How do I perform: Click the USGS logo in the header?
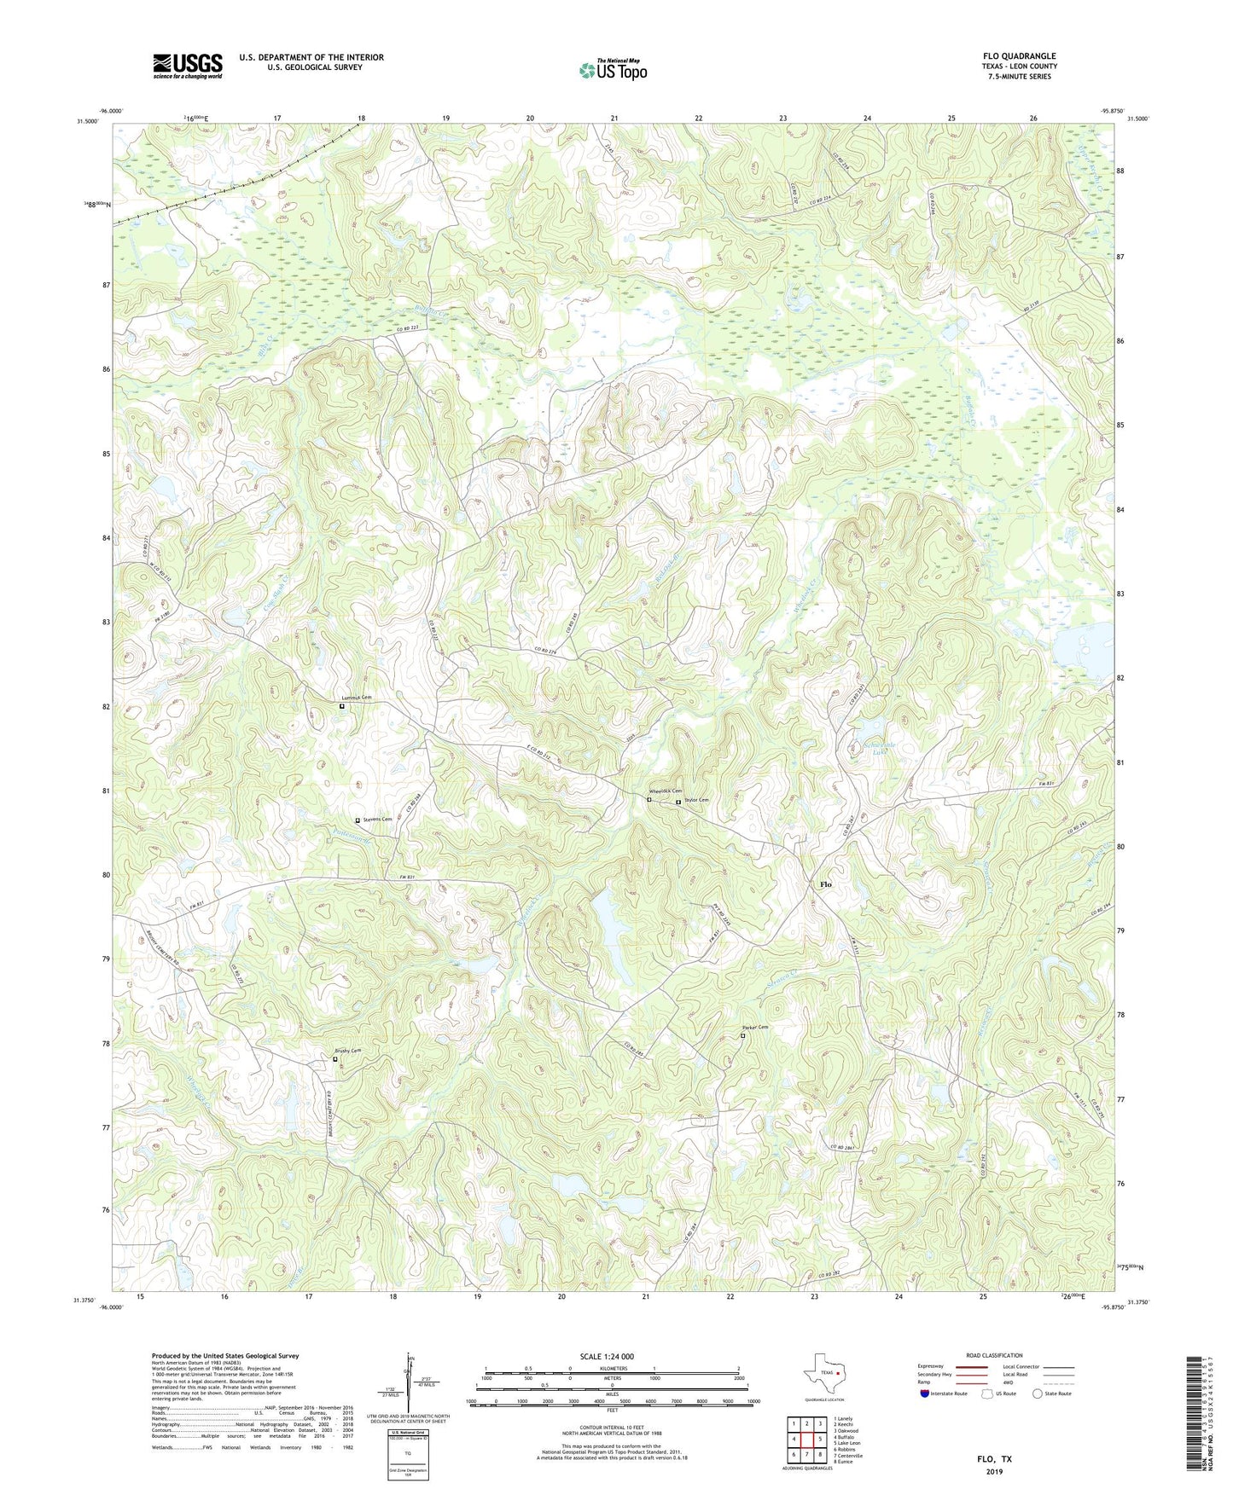188,66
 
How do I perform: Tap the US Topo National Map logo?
613,69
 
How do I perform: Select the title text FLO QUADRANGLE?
1019,56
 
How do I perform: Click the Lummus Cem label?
357,698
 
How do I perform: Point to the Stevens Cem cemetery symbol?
358,820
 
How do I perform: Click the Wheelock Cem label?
666,791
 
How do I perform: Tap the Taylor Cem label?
695,800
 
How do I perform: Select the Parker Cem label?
755,1028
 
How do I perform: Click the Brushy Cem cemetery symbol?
334,1059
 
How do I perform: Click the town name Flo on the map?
825,884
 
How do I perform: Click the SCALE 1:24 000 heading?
607,1356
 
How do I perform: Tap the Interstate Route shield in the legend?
926,1393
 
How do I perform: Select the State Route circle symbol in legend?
1037,1393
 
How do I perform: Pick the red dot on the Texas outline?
838,1373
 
